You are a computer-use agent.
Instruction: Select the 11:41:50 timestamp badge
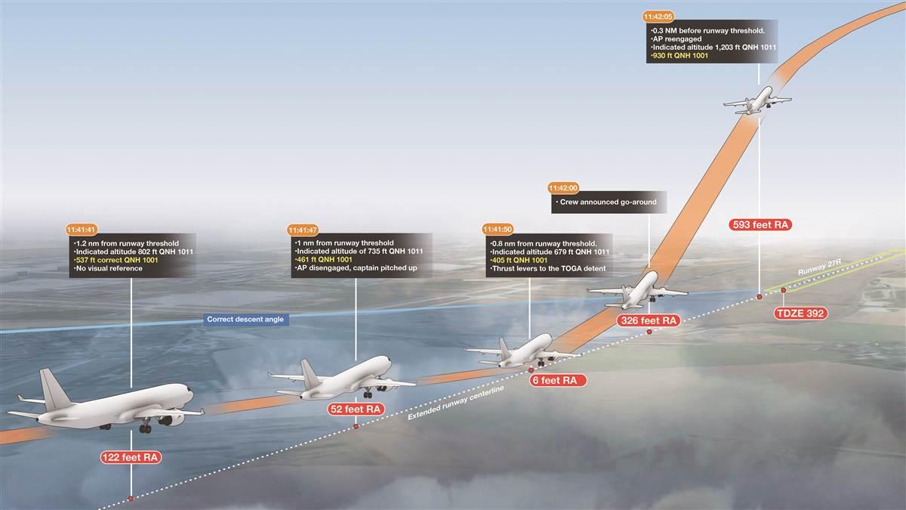tap(499, 228)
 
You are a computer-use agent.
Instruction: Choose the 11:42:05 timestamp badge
tap(659, 15)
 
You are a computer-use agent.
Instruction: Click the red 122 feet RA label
tap(131, 456)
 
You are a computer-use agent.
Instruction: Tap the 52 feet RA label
tap(355, 409)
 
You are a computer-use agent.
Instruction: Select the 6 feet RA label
tap(554, 381)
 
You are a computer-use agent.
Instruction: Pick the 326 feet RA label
tap(649, 320)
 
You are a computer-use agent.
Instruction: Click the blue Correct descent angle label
tap(245, 320)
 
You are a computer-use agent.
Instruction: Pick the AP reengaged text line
tap(677, 38)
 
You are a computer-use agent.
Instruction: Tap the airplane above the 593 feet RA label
tap(757, 101)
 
